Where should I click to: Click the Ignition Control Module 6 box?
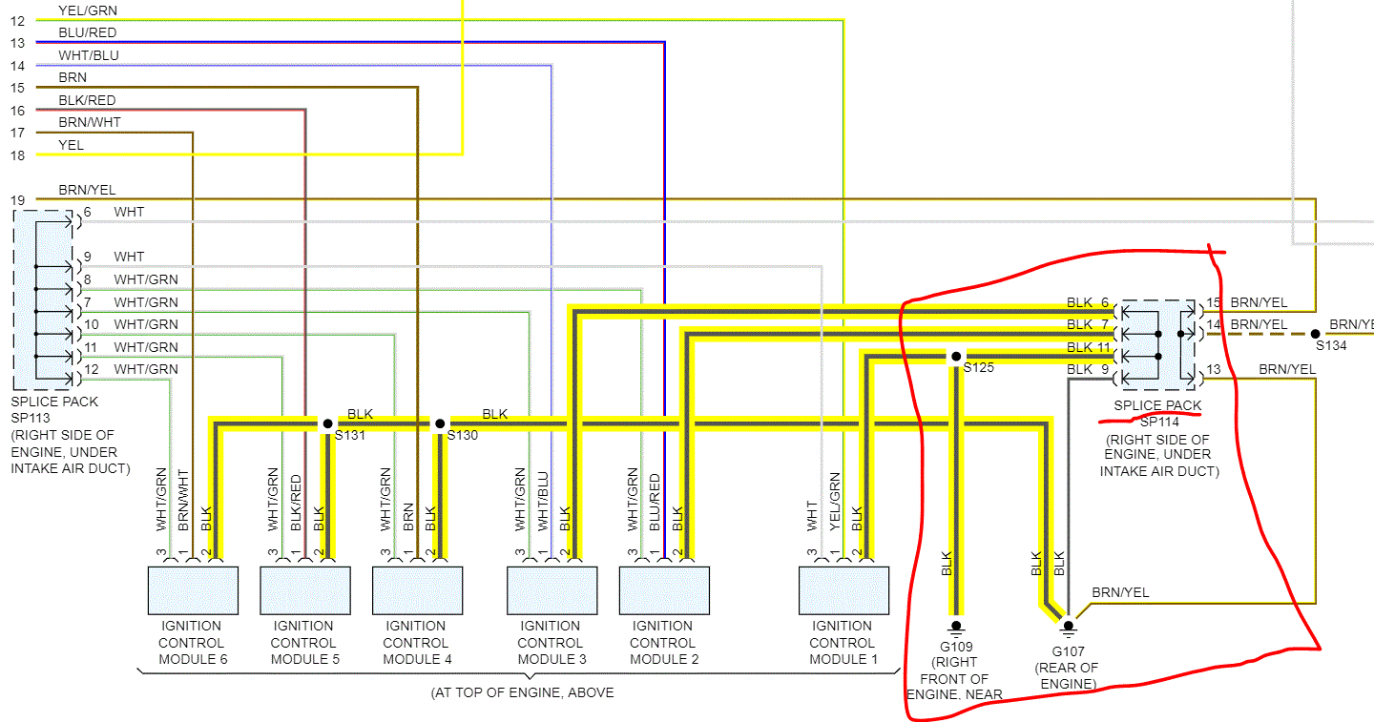click(191, 590)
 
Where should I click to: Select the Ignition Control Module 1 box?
click(843, 590)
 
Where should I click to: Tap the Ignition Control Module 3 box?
click(552, 590)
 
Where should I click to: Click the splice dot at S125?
click(955, 357)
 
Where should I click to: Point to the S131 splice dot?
click(326, 423)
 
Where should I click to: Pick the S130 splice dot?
click(440, 423)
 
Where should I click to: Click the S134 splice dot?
click(1315, 334)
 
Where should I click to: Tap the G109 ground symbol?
click(955, 627)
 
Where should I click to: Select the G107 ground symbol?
click(1068, 627)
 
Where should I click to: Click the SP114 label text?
click(1160, 421)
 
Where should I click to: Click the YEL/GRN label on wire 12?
click(88, 10)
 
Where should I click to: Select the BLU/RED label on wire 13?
click(87, 32)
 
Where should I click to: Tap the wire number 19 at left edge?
click(17, 200)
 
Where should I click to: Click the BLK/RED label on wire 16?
click(87, 100)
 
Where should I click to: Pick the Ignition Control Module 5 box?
click(304, 590)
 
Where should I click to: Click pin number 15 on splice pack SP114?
click(1214, 302)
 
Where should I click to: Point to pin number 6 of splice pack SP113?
click(87, 212)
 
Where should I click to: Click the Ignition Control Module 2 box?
click(664, 590)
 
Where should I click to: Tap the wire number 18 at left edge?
click(17, 155)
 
